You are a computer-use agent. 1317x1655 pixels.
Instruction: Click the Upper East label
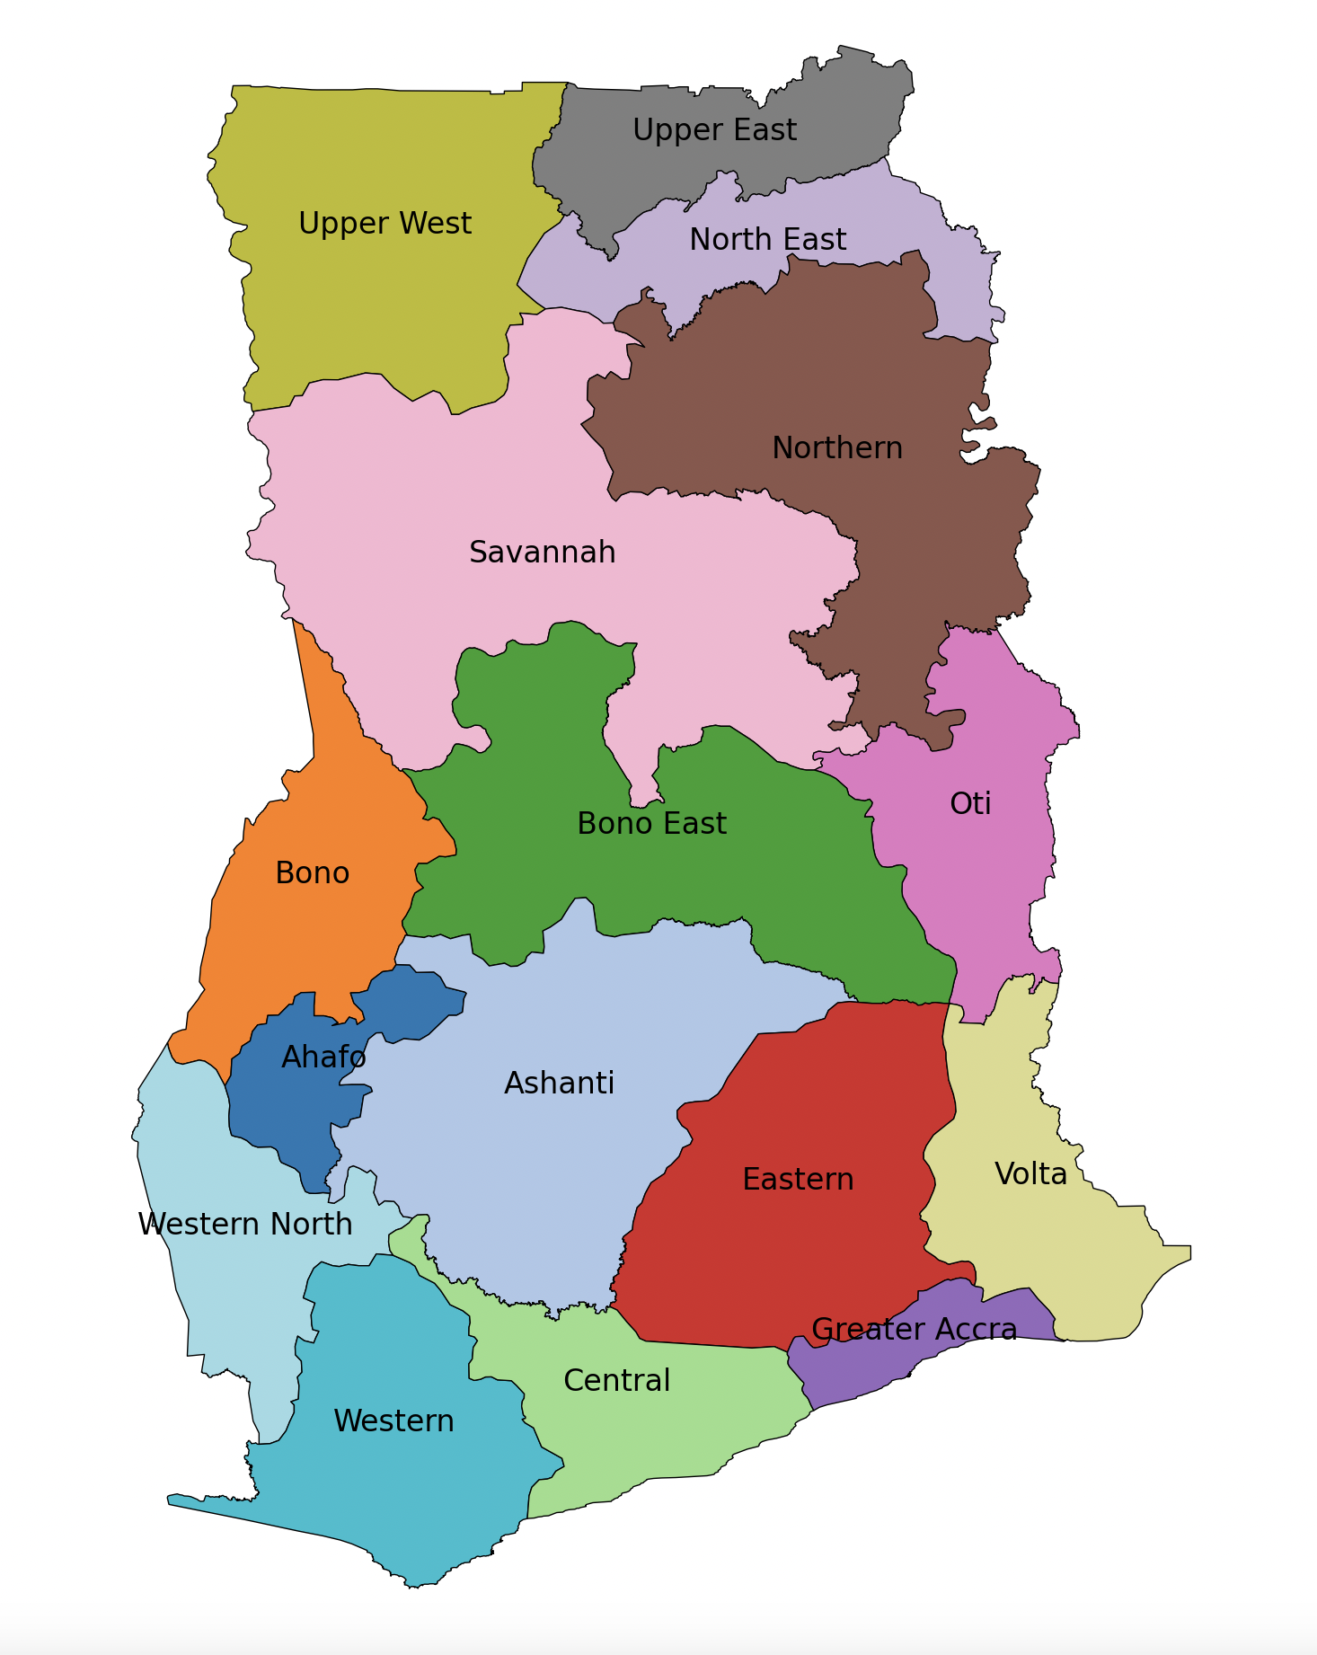tap(714, 130)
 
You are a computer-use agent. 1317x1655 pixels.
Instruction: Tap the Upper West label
tap(384, 224)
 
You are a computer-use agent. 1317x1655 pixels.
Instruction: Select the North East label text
tap(767, 240)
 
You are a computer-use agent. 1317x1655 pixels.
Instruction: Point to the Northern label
tap(836, 447)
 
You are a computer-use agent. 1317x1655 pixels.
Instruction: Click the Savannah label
tap(542, 552)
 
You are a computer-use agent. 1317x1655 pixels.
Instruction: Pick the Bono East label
tap(651, 823)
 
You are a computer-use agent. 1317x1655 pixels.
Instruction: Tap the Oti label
tap(970, 803)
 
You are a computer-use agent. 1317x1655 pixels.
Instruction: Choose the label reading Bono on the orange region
tap(312, 872)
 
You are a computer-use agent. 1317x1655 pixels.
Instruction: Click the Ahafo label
tap(323, 1057)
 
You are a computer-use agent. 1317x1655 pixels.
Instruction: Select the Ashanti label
tap(559, 1083)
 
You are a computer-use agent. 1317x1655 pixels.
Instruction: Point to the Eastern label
tap(798, 1179)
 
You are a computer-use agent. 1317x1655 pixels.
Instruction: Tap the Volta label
tap(1030, 1173)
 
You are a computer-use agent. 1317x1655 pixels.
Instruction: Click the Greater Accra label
tap(914, 1329)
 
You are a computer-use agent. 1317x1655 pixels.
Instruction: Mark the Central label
tap(616, 1380)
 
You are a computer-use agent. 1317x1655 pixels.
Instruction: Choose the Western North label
tap(244, 1224)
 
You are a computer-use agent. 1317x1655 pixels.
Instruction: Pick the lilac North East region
tap(952, 270)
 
